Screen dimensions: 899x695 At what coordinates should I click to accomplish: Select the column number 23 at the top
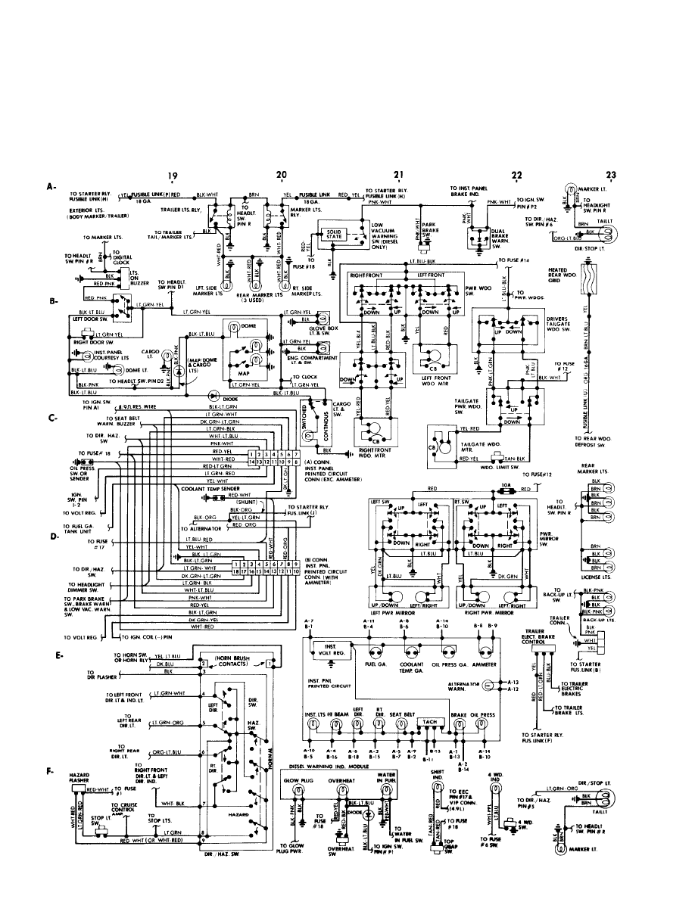(611, 173)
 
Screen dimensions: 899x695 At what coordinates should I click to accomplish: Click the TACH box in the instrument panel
(432, 722)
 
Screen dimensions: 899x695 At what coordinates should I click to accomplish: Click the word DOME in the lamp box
(249, 325)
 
